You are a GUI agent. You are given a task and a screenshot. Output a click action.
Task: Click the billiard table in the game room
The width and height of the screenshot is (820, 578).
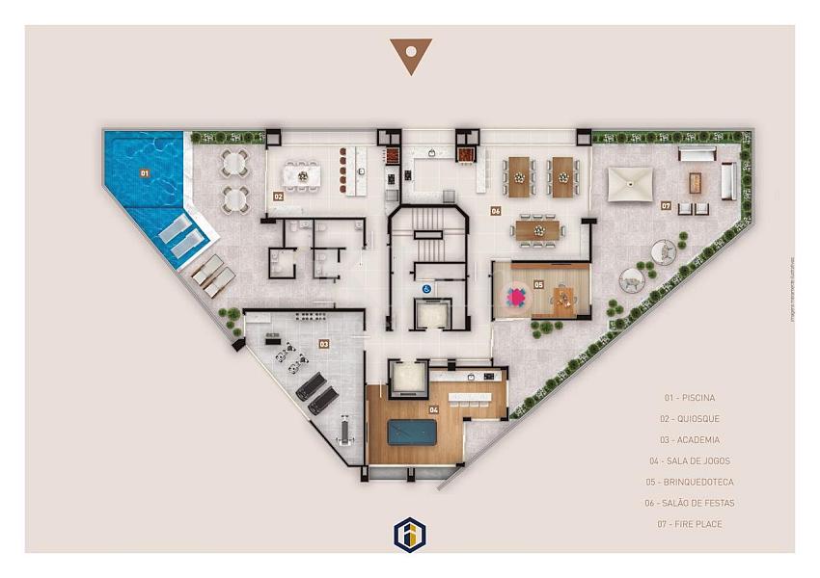(414, 432)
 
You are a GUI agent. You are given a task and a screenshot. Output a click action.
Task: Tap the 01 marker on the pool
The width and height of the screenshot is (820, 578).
(144, 173)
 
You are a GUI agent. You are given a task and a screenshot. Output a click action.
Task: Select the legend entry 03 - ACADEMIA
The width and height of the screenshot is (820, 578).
(691, 439)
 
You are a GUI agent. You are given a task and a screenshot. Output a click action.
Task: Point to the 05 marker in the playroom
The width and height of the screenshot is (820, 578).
(538, 284)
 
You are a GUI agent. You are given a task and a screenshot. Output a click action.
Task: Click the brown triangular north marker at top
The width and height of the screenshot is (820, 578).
(411, 55)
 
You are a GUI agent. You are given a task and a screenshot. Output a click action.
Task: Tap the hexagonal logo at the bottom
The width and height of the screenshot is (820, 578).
(410, 533)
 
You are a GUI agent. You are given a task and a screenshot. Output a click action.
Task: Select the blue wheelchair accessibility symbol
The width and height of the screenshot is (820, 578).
(424, 286)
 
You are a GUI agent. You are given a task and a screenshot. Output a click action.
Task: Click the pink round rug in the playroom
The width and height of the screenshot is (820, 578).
(518, 298)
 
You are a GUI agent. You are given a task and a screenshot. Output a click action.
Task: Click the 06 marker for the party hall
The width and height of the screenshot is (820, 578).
(495, 210)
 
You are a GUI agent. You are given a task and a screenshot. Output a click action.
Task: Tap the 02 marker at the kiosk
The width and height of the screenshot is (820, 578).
(278, 196)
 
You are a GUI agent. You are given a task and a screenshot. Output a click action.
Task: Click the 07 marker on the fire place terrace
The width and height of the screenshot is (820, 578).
(666, 205)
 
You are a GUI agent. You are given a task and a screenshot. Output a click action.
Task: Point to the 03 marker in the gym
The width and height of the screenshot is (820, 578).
(324, 344)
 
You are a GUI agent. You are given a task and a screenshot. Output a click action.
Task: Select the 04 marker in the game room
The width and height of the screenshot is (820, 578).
(434, 409)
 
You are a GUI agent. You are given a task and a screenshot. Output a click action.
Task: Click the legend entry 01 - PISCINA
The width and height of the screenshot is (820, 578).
(689, 397)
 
